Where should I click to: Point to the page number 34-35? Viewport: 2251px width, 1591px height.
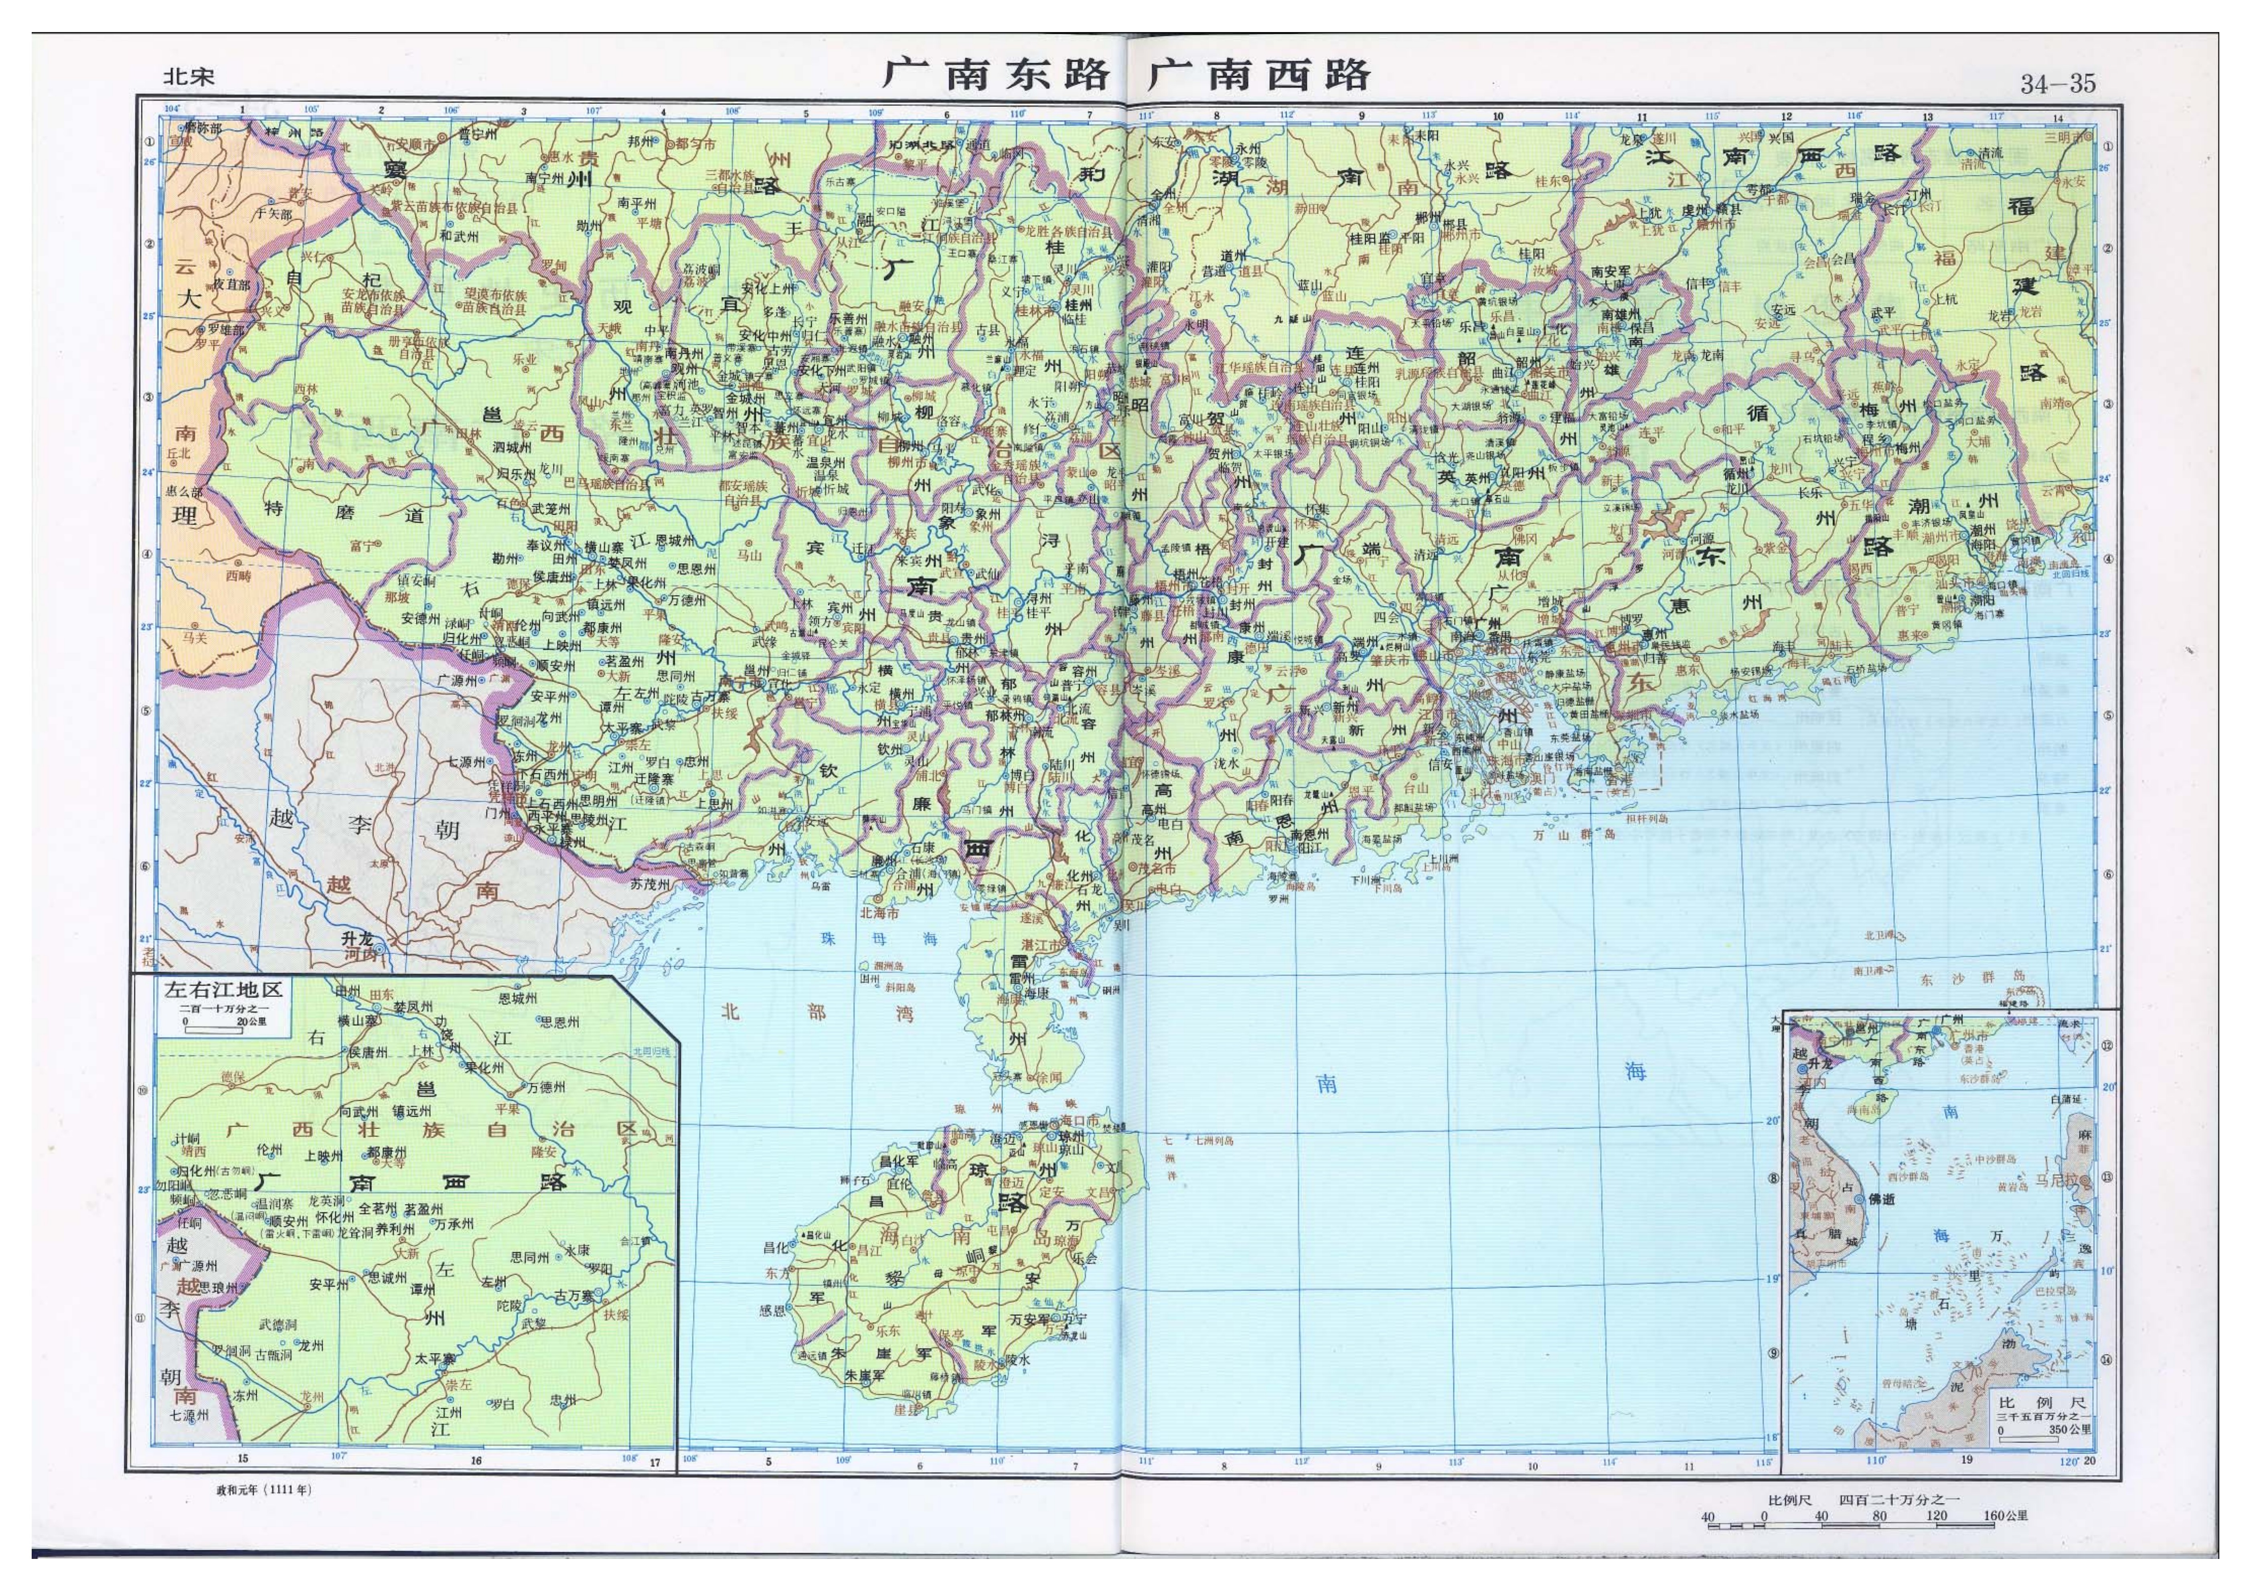coord(2057,83)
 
